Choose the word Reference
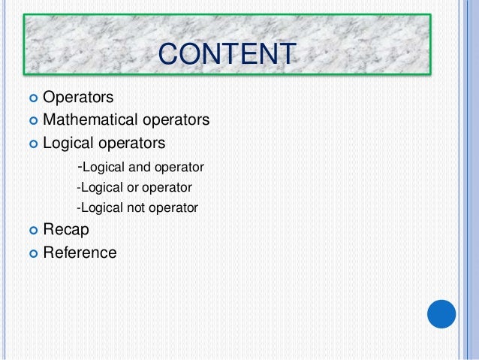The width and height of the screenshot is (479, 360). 80,253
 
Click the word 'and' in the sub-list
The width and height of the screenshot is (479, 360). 140,167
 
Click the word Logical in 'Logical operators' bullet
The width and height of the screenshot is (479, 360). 68,142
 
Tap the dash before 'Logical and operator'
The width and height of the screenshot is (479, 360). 80,165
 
